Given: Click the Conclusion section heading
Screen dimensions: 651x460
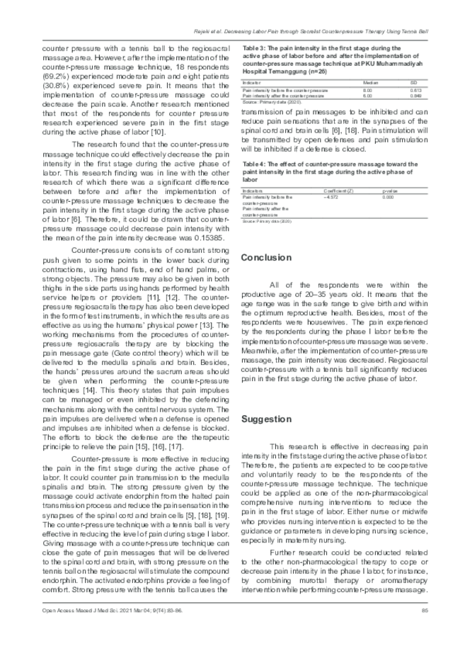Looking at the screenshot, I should point(266,258).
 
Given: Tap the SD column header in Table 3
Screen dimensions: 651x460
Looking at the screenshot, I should point(414,83).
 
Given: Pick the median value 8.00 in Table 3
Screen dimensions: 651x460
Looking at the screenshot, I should point(367,91).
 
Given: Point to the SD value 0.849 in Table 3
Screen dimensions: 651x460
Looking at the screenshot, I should point(417,96).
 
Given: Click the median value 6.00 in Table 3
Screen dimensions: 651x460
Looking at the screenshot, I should point(367,96).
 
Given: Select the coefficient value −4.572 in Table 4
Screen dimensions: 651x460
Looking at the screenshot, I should point(331,197).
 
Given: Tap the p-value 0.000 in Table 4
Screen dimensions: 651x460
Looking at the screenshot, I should point(388,197).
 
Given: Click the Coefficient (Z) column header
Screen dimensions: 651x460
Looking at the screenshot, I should point(339,191).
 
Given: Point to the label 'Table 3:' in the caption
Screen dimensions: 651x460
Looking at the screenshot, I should point(254,48).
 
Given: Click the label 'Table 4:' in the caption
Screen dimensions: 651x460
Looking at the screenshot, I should point(254,164).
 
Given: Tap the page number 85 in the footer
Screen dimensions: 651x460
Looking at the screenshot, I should point(425,610).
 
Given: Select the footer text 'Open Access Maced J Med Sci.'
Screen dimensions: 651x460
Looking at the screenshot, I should point(78,610).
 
